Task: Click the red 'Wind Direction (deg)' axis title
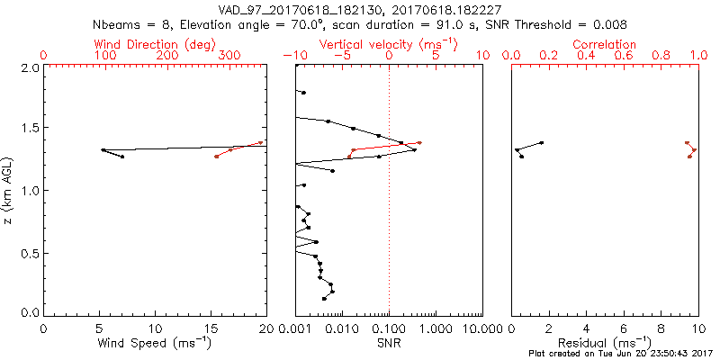(155, 43)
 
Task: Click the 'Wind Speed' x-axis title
(155, 342)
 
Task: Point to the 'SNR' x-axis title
(389, 342)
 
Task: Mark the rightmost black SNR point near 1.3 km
(414, 149)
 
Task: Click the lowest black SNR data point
(324, 298)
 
